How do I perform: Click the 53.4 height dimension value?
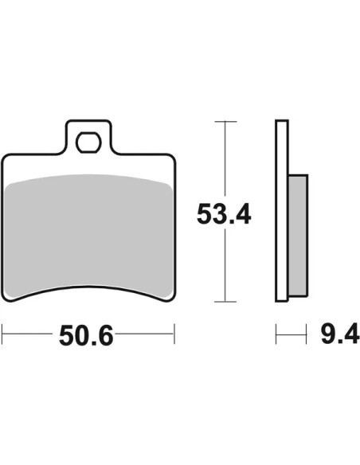pos(224,214)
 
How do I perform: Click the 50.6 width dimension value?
pos(86,336)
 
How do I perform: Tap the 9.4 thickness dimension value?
pos(340,334)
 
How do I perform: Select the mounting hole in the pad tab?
pos(88,143)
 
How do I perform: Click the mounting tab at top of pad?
pos(88,137)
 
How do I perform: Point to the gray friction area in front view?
pos(89,234)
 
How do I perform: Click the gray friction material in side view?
pos(297,236)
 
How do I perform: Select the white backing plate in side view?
pos(282,210)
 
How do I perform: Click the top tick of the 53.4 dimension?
pos(225,122)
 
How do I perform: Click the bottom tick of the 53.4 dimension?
pos(225,302)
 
